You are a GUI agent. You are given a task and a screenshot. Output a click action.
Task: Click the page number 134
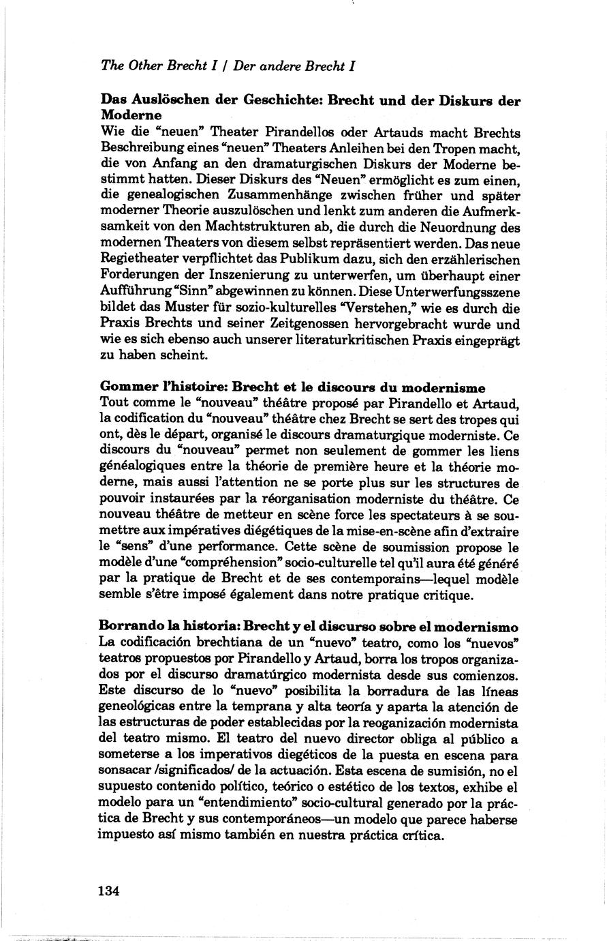pos(109,891)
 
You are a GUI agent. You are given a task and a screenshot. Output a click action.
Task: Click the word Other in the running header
pos(143,66)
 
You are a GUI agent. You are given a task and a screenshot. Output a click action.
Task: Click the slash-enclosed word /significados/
pos(204,771)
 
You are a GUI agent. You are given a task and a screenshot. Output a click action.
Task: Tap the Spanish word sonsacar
pos(125,771)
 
